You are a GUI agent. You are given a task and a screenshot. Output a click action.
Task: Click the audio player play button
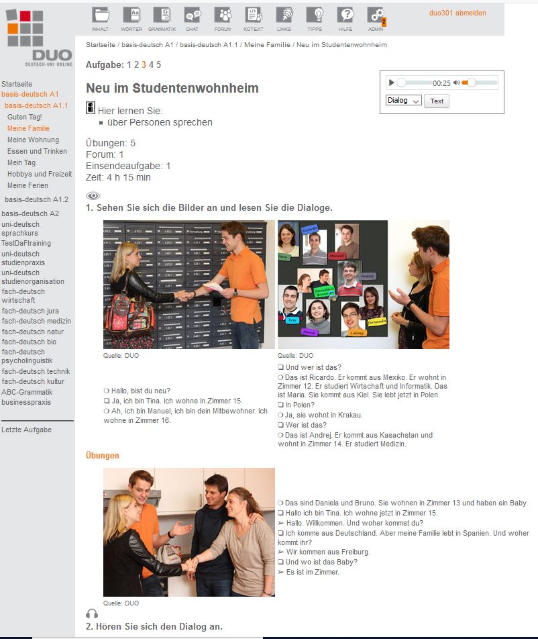click(x=391, y=83)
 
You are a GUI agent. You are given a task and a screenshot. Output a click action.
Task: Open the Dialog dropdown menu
click(x=403, y=101)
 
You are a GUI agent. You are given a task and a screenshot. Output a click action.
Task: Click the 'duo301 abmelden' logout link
click(x=458, y=13)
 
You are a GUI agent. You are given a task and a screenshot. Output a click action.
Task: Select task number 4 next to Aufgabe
click(x=151, y=64)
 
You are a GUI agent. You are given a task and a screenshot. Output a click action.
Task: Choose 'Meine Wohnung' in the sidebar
click(x=33, y=140)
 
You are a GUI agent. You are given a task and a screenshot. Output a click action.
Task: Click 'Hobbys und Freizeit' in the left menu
click(x=40, y=174)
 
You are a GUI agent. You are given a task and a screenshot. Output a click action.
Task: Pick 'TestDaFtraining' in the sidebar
click(x=26, y=243)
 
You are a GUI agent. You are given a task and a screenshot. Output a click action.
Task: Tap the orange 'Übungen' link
click(x=103, y=456)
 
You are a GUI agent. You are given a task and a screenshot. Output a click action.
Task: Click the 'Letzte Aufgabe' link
click(x=26, y=430)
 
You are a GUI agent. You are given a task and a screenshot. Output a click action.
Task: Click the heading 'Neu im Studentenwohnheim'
click(x=172, y=88)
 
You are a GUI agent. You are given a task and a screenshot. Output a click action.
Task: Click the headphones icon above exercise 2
click(x=92, y=613)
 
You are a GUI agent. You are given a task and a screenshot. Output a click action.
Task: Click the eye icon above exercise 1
click(x=93, y=196)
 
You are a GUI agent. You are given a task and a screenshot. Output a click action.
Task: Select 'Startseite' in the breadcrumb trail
click(x=100, y=45)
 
